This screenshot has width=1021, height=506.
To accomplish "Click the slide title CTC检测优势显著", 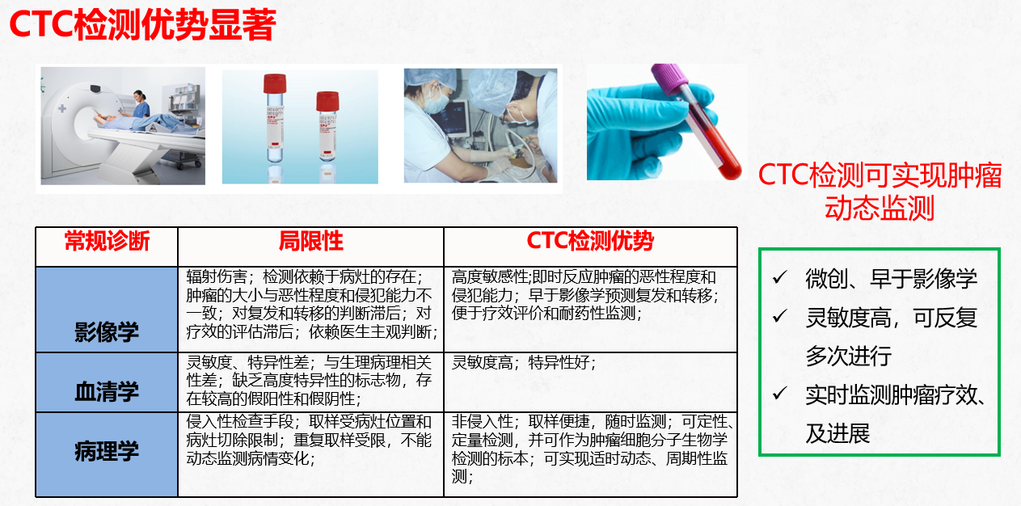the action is click(142, 25).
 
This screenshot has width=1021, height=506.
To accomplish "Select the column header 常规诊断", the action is click(108, 241).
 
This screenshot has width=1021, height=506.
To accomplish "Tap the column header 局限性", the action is click(311, 241).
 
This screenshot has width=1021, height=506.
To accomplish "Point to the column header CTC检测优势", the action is click(590, 241).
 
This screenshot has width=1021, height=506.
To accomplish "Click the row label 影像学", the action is click(107, 332).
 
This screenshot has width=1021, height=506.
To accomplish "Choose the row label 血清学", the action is click(107, 391).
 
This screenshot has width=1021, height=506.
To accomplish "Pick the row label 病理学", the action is click(107, 451).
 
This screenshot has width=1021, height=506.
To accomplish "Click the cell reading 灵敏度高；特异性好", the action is click(524, 363).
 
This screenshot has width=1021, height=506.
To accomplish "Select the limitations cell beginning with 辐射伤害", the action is click(312, 304).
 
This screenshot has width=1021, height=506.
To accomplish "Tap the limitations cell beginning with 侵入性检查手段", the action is click(309, 440).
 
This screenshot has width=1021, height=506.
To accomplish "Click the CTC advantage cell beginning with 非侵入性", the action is click(592, 449).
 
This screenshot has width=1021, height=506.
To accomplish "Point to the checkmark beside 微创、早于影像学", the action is click(780, 276).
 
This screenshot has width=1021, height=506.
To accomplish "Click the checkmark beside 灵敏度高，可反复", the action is click(780, 315).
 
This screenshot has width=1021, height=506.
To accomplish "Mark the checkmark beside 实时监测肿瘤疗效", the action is click(780, 393).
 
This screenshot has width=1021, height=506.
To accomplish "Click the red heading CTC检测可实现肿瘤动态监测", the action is click(880, 192).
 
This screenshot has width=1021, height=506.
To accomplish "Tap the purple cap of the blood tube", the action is click(669, 79).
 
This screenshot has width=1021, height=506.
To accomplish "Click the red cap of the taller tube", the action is click(275, 84).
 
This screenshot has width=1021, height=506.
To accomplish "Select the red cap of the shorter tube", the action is click(327, 101).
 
